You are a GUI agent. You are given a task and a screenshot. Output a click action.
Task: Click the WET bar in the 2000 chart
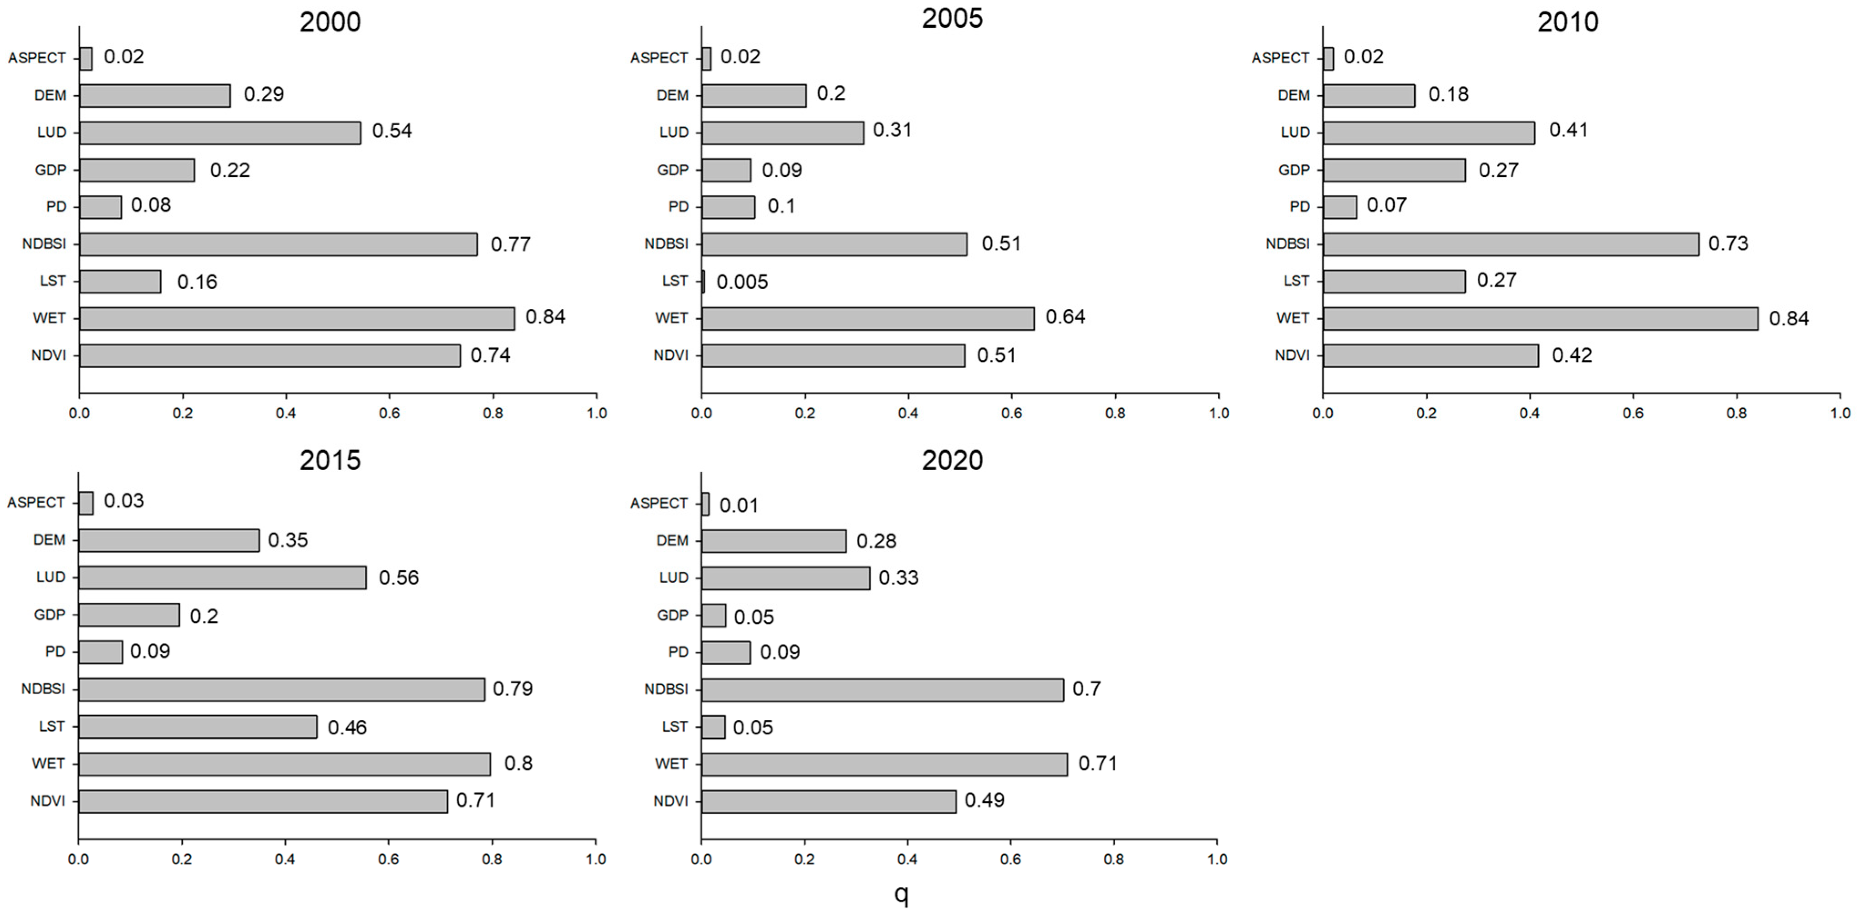tap(297, 318)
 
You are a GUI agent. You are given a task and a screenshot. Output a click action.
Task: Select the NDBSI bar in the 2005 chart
tap(834, 244)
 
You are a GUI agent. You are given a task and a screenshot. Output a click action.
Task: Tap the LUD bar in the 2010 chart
tap(1429, 133)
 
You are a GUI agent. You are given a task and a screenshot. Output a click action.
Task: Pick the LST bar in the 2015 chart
tap(197, 727)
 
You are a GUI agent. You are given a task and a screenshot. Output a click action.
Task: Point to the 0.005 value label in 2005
tap(742, 282)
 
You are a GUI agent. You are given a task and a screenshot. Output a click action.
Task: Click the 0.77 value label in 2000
tap(511, 244)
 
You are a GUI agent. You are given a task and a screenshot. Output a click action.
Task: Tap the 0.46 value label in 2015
tap(347, 727)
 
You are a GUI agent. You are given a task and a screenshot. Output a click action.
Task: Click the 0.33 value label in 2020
tap(898, 578)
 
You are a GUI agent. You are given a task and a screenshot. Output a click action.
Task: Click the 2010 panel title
tap(1568, 22)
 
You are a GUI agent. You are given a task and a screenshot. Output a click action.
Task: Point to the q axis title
tap(901, 894)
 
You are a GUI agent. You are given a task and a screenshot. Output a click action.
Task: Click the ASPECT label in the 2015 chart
tap(36, 502)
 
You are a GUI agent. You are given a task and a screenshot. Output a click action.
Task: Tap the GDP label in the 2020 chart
tap(673, 615)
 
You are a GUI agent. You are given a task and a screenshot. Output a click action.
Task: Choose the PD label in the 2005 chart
tap(678, 206)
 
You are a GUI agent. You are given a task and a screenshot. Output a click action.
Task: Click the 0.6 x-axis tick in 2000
tap(389, 413)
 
